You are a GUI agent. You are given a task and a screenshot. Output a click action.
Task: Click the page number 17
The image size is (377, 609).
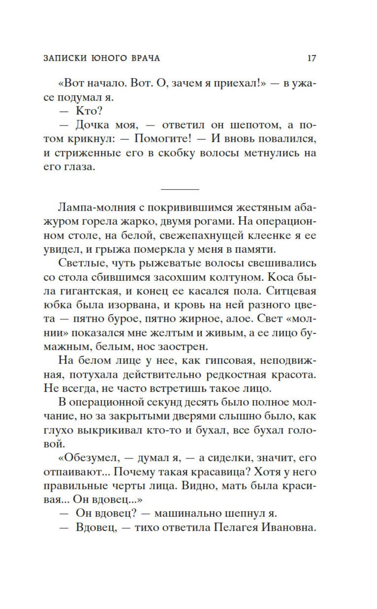(311, 58)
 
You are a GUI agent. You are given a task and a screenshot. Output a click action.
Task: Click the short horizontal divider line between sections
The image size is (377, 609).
(180, 189)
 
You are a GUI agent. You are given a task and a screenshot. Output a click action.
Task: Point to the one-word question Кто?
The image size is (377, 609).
(89, 111)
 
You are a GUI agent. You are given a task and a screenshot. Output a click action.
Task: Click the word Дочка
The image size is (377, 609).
(98, 125)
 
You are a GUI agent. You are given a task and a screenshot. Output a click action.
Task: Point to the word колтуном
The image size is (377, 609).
(234, 277)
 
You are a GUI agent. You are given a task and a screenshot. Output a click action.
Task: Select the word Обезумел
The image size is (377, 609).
(89, 458)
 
